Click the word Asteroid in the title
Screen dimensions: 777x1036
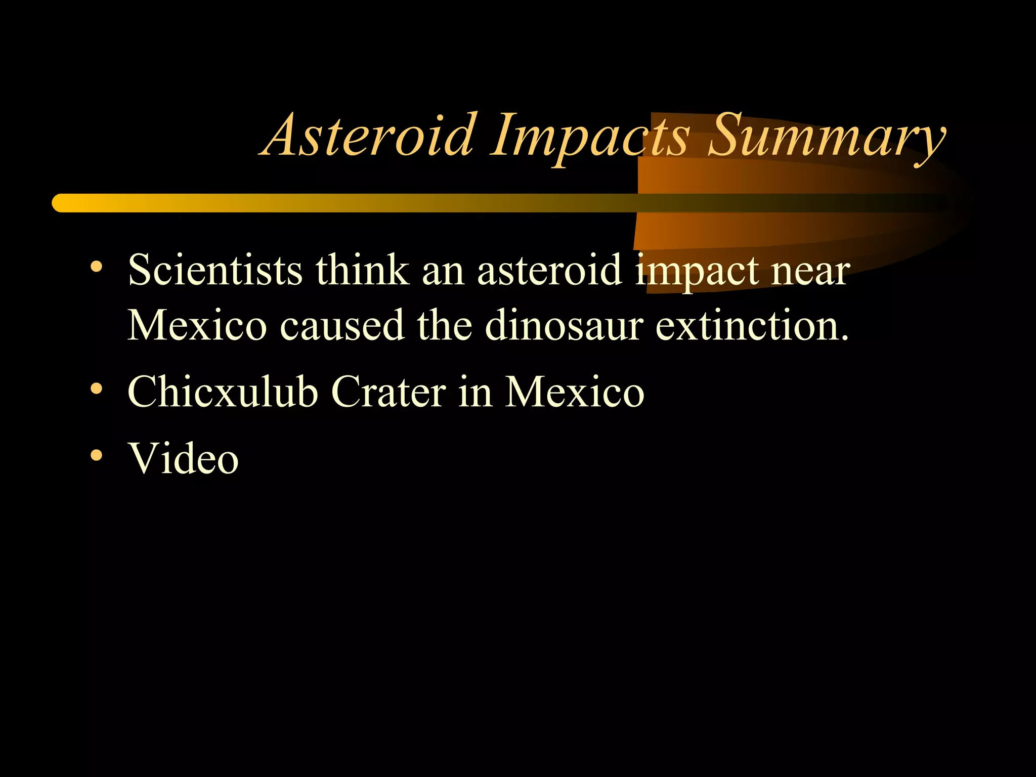coord(369,136)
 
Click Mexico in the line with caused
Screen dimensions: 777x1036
coord(197,325)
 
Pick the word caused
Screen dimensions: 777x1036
coord(342,325)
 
